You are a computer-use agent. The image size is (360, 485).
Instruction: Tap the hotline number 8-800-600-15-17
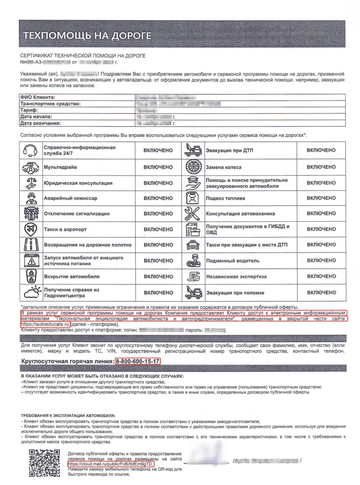click(x=138, y=361)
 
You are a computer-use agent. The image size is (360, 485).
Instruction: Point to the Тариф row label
click(x=29, y=110)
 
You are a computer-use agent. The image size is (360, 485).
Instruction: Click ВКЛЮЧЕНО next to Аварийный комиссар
click(x=158, y=198)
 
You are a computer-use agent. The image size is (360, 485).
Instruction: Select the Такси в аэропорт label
click(x=65, y=229)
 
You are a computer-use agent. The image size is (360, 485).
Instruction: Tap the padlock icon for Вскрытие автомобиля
click(x=30, y=276)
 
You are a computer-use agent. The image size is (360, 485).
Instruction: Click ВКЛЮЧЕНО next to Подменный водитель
click(x=320, y=260)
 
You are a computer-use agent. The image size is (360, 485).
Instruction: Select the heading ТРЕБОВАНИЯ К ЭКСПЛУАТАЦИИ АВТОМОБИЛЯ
click(x=68, y=416)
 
